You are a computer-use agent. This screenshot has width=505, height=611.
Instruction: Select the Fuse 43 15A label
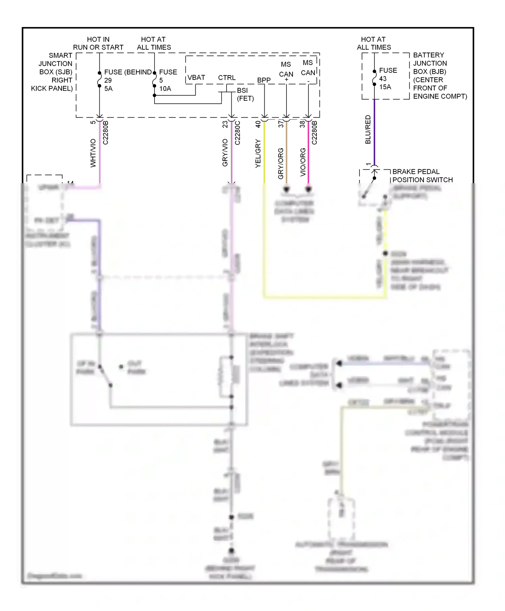click(388, 78)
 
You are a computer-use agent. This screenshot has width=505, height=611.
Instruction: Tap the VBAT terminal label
click(196, 77)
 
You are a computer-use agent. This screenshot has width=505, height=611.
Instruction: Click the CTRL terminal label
click(227, 77)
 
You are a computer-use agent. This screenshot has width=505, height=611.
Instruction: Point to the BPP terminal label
click(264, 80)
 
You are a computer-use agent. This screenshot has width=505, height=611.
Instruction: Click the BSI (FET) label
click(245, 94)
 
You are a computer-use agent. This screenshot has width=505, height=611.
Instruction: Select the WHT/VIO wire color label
click(93, 153)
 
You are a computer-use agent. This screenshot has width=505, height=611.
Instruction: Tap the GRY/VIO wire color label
click(225, 152)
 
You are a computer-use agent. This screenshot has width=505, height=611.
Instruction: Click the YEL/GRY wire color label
click(258, 153)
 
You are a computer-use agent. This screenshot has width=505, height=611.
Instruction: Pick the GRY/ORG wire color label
click(280, 163)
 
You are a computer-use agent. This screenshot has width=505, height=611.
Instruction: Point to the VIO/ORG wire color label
click(303, 162)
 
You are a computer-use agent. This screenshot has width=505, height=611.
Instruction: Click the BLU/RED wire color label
click(368, 129)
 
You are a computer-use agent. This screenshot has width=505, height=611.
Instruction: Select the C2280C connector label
click(237, 133)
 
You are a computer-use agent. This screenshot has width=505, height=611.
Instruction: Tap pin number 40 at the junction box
click(258, 124)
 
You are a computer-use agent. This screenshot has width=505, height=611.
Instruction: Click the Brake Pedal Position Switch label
click(422, 175)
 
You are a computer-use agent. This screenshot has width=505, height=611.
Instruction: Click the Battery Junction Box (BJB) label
click(439, 75)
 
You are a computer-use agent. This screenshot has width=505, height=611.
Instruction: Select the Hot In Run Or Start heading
click(98, 43)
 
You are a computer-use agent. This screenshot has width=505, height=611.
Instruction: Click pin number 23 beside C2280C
click(225, 124)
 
